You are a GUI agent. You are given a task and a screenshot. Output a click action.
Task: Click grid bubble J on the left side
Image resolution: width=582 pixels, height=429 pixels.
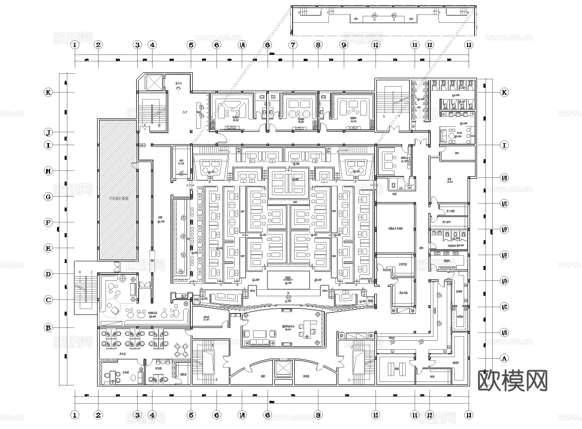(49, 132)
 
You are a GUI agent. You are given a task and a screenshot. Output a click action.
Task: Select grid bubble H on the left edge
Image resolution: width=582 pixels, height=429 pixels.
(49, 171)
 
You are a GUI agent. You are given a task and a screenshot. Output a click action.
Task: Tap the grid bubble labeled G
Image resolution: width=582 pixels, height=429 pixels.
(49, 197)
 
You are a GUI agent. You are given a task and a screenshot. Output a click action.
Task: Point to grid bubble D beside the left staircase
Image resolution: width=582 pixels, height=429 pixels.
(49, 274)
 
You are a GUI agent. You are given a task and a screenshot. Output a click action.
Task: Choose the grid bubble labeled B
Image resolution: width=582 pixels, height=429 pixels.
(49, 327)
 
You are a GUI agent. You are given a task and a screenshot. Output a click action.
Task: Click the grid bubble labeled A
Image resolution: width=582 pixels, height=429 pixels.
(504, 358)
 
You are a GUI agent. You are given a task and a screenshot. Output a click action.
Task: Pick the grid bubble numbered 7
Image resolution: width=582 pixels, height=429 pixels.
(293, 45)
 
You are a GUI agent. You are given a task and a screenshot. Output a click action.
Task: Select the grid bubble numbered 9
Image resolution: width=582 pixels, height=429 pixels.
(343, 45)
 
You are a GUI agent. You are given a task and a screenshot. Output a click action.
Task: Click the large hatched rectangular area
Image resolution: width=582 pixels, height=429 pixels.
(117, 190)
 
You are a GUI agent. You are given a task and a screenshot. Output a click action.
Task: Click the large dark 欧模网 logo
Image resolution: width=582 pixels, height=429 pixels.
(512, 380)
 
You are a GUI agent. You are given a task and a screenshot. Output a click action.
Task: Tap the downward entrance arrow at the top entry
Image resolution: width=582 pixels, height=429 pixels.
(178, 88)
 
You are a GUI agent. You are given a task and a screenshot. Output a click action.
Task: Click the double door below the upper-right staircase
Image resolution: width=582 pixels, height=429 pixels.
(393, 130)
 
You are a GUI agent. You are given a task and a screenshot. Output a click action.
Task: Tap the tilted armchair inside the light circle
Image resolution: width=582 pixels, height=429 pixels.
(114, 310)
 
